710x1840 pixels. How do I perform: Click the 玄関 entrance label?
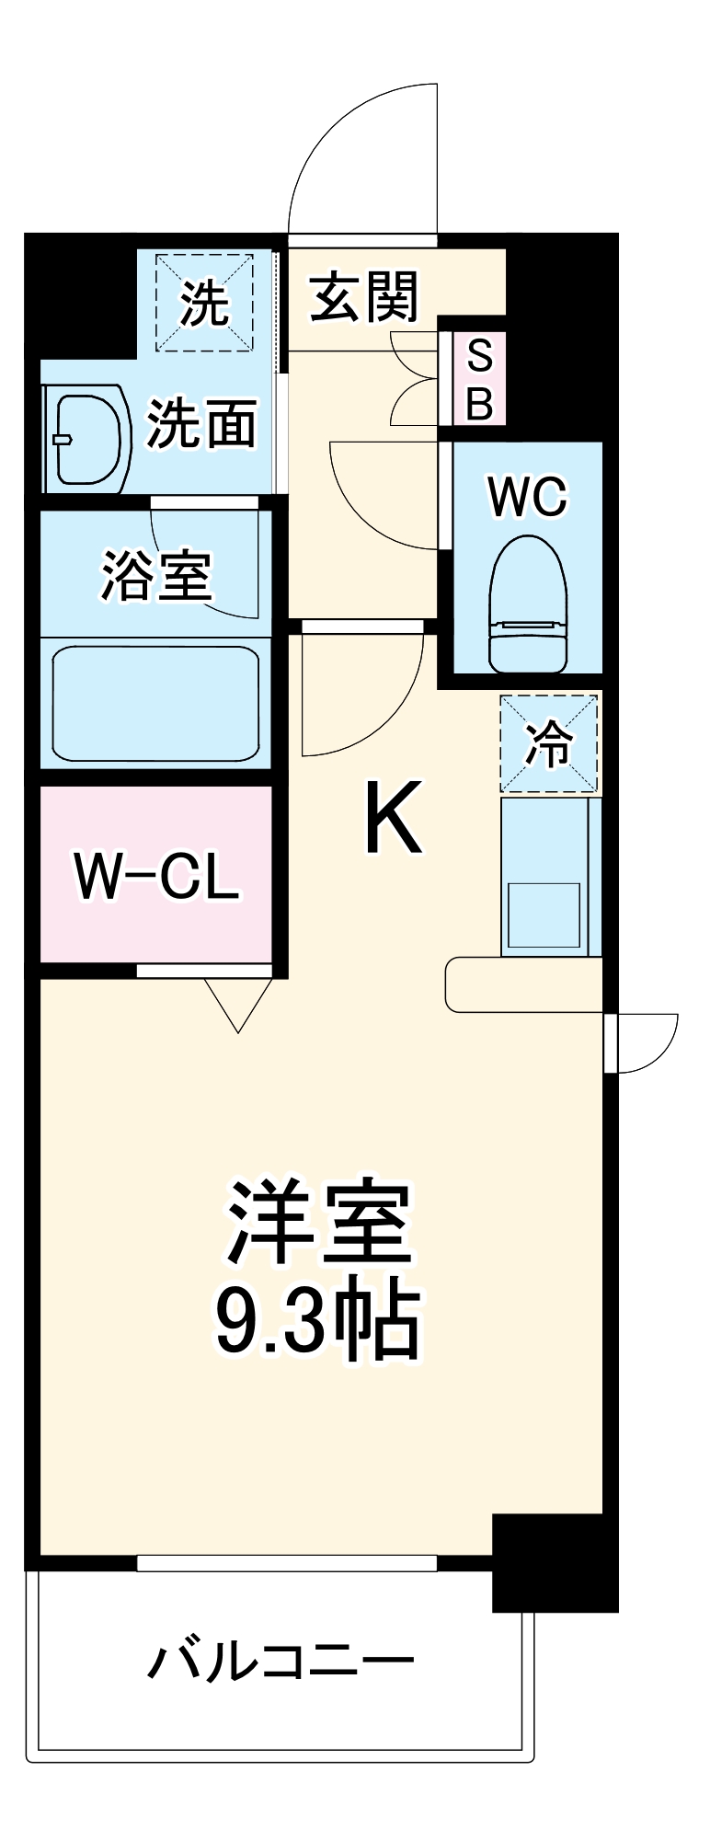pyautogui.click(x=364, y=297)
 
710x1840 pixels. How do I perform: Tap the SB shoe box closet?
pyautogui.click(x=479, y=378)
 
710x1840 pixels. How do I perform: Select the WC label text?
pyautogui.click(x=528, y=498)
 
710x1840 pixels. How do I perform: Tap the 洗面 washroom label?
pyautogui.click(x=201, y=424)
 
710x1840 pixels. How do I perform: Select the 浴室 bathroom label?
pyautogui.click(x=156, y=576)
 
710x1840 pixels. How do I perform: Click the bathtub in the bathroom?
pyautogui.click(x=155, y=703)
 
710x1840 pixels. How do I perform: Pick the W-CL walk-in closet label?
pyautogui.click(x=156, y=876)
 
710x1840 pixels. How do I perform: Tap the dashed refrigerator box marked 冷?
pyautogui.click(x=549, y=743)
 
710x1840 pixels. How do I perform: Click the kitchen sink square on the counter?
pyautogui.click(x=544, y=914)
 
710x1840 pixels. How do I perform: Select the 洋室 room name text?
pyautogui.click(x=318, y=1221)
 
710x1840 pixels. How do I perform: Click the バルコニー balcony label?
pyautogui.click(x=281, y=1662)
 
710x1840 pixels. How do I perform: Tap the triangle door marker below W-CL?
pyautogui.click(x=238, y=1004)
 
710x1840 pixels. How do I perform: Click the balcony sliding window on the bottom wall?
pyautogui.click(x=286, y=1563)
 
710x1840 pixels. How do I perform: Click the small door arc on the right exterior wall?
pyautogui.click(x=647, y=1043)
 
